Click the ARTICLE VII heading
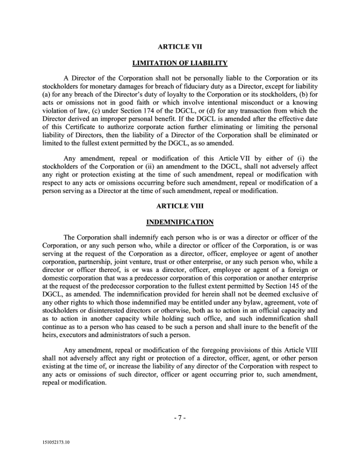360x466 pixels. click(x=180, y=46)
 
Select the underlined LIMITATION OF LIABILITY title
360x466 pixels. click(x=180, y=63)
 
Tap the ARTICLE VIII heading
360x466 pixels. click(x=180, y=206)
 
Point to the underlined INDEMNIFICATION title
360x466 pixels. click(x=180, y=222)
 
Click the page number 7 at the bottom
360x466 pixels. click(x=180, y=417)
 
